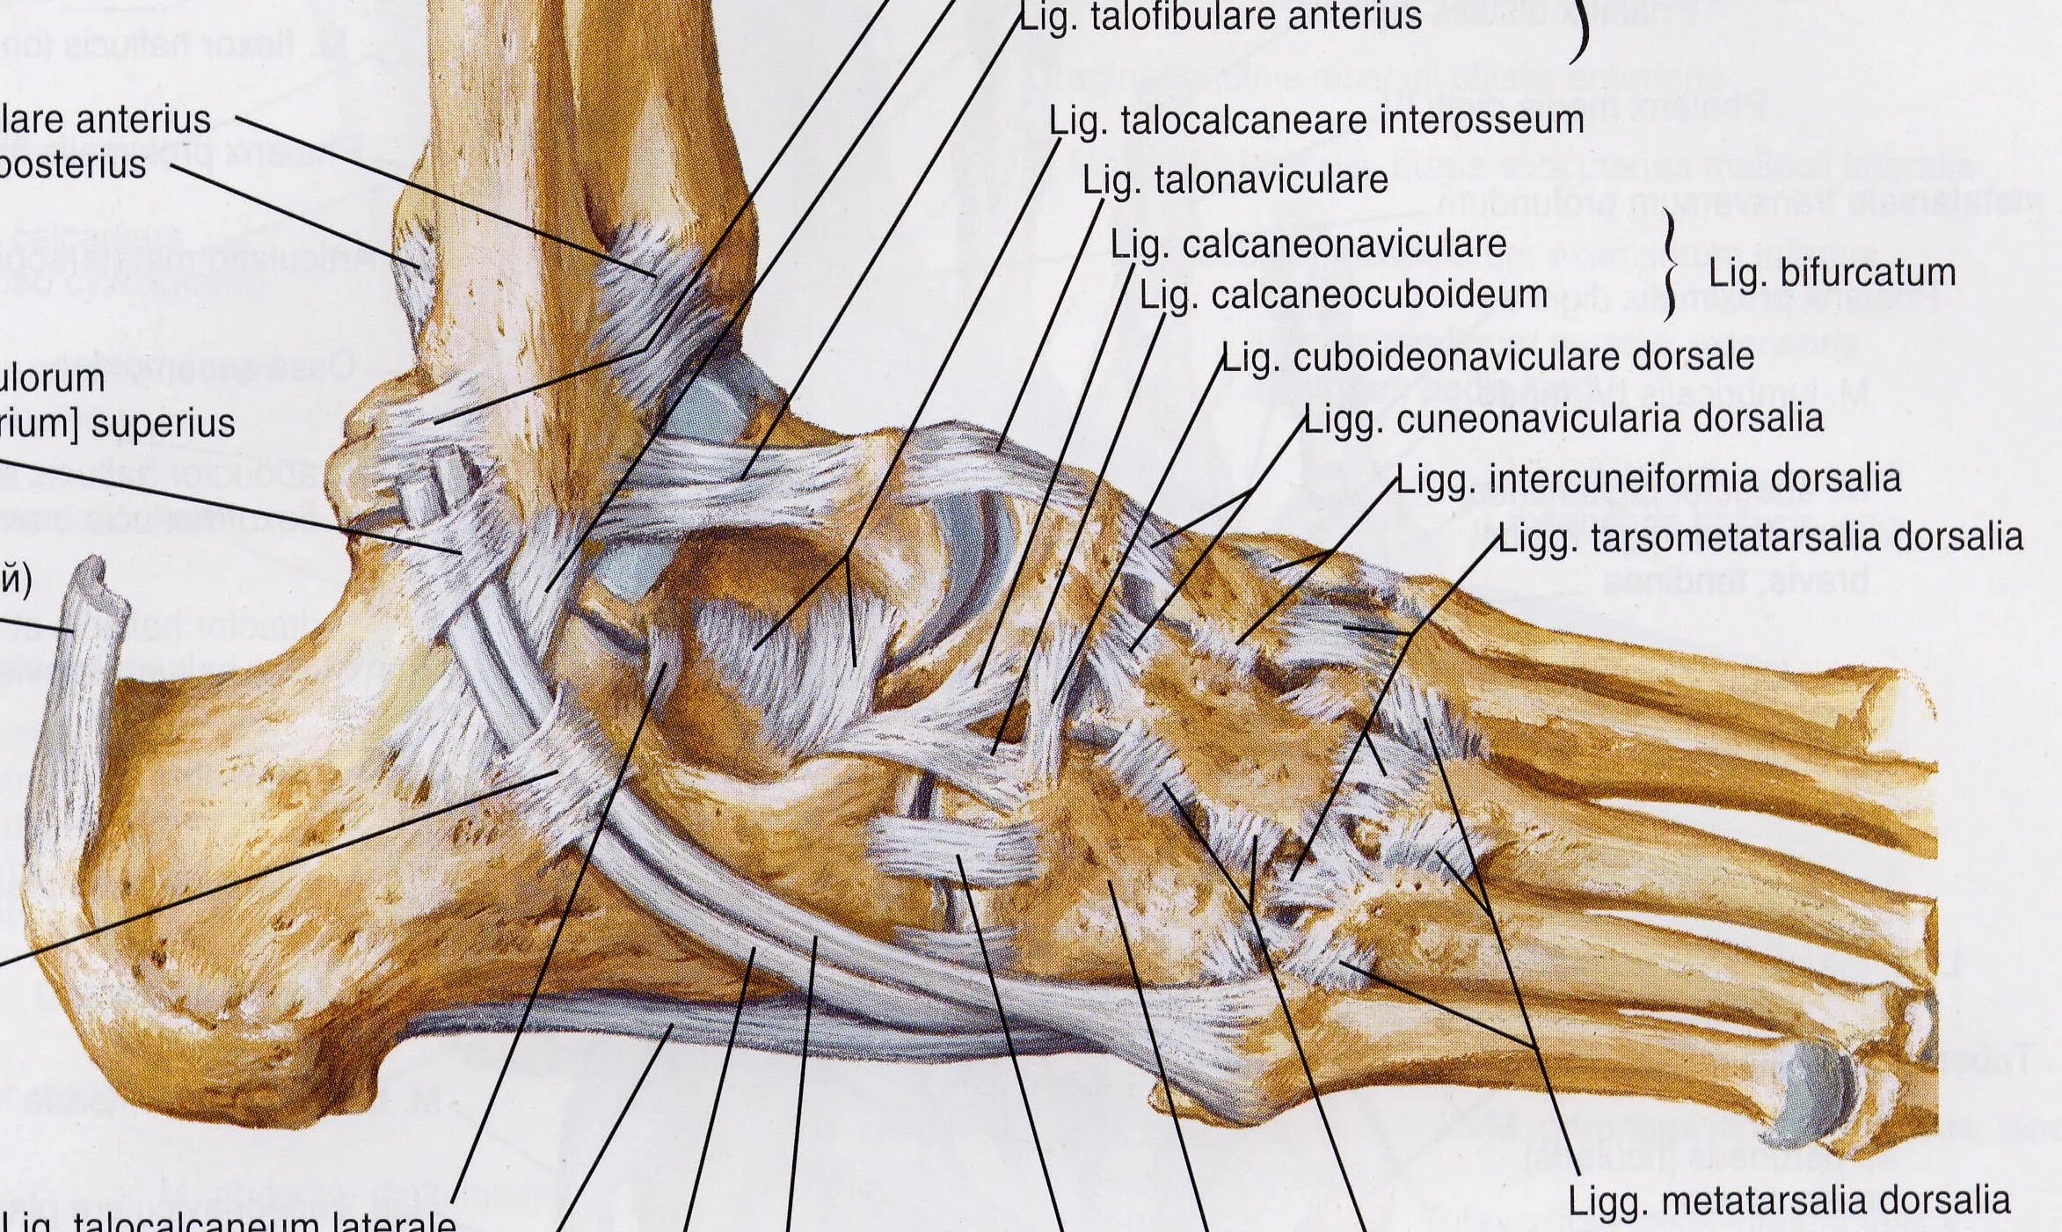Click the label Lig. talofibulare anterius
tap(1220, 18)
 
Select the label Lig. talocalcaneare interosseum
tap(1316, 120)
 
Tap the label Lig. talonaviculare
tap(1235, 181)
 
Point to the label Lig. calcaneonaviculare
tap(1308, 244)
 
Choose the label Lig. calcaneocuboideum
tap(1343, 295)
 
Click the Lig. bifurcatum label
tap(1832, 273)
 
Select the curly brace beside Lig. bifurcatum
tap(1668, 264)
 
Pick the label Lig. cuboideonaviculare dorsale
tap(1488, 357)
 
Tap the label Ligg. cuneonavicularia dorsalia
tap(1563, 419)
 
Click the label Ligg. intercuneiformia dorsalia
tap(1648, 479)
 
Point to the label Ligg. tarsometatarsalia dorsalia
tap(1760, 537)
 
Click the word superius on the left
tap(163, 424)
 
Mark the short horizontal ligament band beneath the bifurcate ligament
tap(954, 848)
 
